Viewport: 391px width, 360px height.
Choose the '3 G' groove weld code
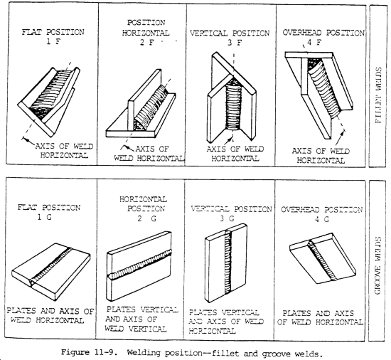coord(232,222)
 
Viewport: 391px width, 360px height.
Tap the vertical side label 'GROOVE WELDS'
coord(377,260)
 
